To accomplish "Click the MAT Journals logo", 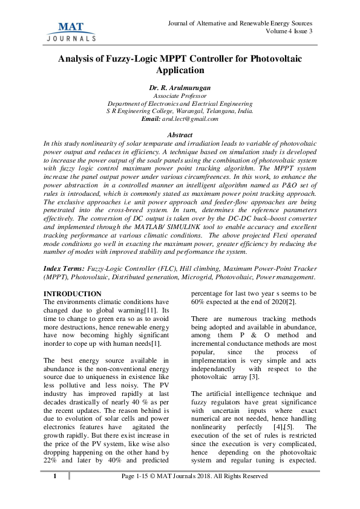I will pyautogui.click(x=70, y=30).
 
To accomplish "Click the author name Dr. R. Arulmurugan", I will pyautogui.click(x=180, y=88).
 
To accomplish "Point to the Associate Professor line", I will pyautogui.click(x=180, y=96).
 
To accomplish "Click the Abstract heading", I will pyautogui.click(x=180, y=134).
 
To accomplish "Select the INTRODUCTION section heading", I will pyautogui.click(x=72, y=294).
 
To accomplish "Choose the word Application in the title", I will pyautogui.click(x=180, y=71).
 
